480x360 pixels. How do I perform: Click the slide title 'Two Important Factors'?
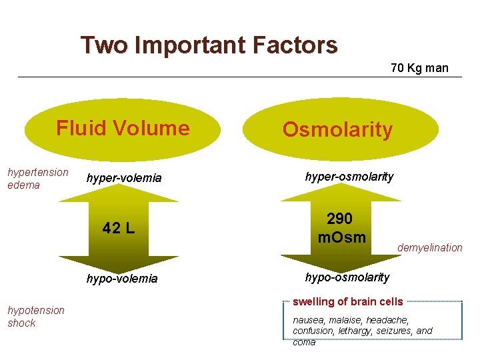(209, 45)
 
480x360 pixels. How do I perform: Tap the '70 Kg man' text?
(419, 68)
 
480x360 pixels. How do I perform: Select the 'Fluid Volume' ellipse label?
(123, 128)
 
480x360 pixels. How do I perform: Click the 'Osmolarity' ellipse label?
(337, 130)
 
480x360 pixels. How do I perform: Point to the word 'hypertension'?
(38, 172)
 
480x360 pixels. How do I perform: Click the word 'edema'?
(23, 185)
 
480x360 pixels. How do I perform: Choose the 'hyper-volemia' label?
(124, 178)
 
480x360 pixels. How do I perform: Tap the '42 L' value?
(119, 229)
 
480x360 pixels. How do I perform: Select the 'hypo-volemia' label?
(122, 279)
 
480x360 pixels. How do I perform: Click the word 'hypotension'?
(36, 310)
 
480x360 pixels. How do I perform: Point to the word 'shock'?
(21, 323)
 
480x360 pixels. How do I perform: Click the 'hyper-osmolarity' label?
(349, 177)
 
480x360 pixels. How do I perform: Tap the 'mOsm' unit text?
(342, 237)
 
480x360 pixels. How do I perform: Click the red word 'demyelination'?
(429, 248)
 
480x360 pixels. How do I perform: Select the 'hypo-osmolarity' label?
(347, 277)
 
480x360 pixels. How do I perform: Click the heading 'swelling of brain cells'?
(348, 302)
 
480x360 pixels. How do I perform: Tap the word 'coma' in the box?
(304, 342)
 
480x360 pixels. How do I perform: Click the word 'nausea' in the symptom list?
(307, 319)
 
